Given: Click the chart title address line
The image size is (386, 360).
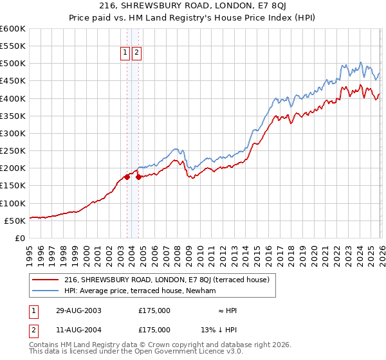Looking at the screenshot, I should pyautogui.click(x=193, y=6).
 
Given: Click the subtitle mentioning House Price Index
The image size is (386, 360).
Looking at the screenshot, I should pyautogui.click(x=193, y=17).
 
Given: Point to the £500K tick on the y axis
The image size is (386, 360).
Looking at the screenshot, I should pyautogui.click(x=13, y=64).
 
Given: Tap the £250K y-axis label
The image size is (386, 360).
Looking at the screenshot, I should pyautogui.click(x=13, y=151).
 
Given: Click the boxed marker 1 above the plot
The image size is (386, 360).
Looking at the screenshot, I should pyautogui.click(x=127, y=53).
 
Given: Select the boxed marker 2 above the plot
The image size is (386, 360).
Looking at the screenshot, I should pyautogui.click(x=137, y=53).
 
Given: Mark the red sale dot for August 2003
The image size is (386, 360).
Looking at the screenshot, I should pyautogui.click(x=127, y=177).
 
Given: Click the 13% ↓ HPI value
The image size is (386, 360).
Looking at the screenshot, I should pyautogui.click(x=218, y=329).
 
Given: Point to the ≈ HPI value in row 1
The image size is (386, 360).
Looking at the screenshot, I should pyautogui.click(x=228, y=310).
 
